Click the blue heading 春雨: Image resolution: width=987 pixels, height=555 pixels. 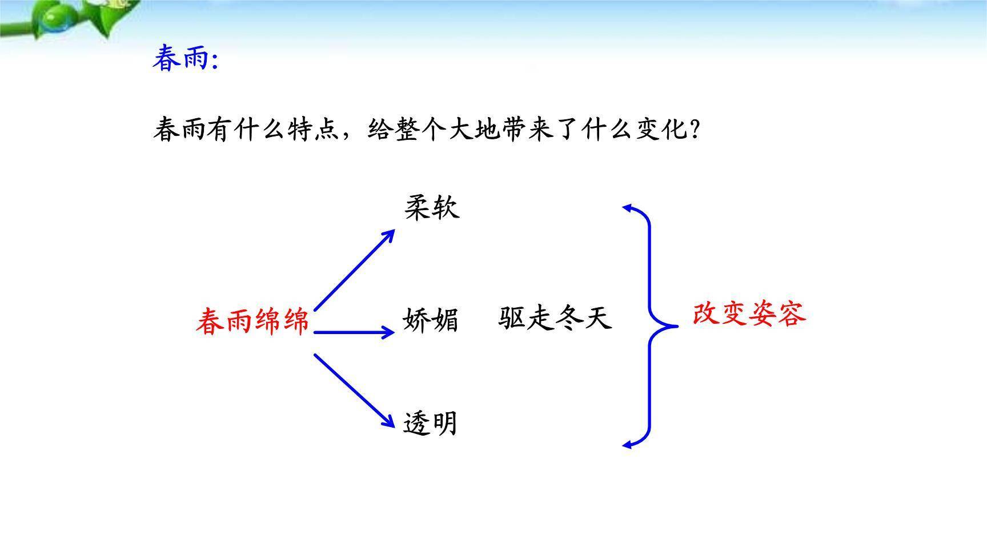tap(186, 59)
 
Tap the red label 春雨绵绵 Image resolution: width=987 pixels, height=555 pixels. tap(252, 321)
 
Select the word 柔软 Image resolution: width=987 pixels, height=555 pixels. tap(432, 207)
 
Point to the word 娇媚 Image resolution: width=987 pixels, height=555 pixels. tap(431, 320)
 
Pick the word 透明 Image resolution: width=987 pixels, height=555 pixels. tap(430, 424)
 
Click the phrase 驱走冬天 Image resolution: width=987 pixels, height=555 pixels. tap(555, 318)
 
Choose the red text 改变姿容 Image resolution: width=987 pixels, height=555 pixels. tap(749, 314)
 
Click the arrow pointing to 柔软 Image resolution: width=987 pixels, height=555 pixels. tap(354, 270)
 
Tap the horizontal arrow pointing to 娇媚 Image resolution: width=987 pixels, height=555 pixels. tap(354, 332)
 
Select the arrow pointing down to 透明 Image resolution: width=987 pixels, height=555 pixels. tap(354, 391)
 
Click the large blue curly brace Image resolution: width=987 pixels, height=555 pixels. tap(651, 325)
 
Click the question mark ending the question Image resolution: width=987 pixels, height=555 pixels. tap(695, 130)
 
